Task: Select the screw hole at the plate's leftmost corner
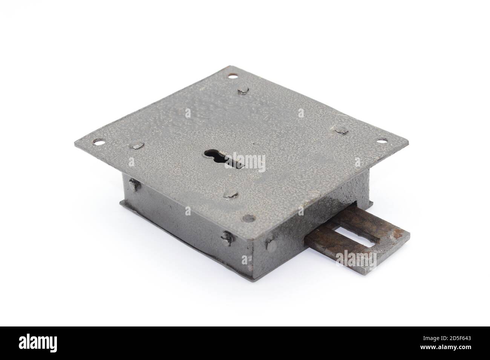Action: click(x=99, y=142)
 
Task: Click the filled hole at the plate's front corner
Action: click(x=249, y=218)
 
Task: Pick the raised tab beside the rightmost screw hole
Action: click(x=341, y=131)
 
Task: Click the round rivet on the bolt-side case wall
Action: click(x=271, y=245)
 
